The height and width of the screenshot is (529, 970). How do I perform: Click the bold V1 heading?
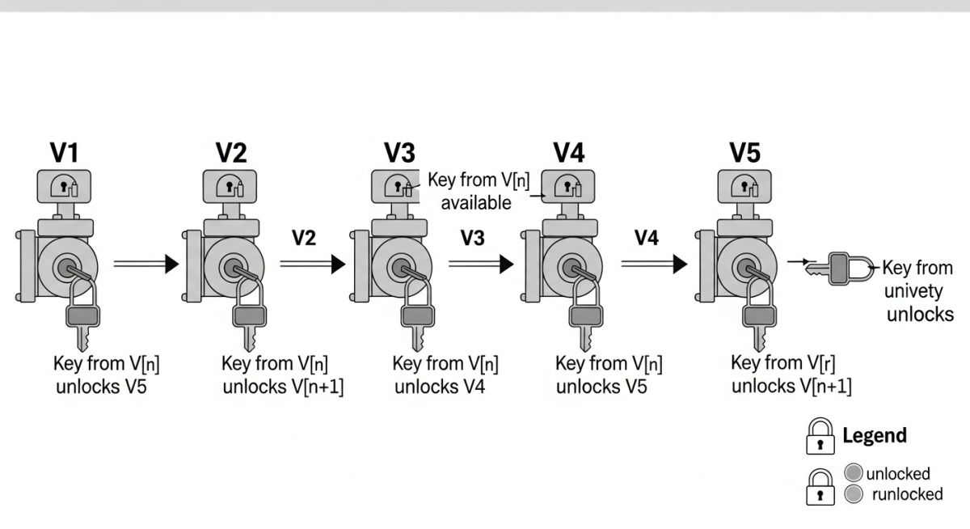[65, 152]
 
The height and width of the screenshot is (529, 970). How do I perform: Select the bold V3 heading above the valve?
[400, 152]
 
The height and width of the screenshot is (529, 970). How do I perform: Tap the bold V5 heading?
[744, 152]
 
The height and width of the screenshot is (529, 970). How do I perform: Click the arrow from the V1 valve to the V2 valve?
[145, 263]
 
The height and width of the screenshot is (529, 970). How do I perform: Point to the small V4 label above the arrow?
[647, 237]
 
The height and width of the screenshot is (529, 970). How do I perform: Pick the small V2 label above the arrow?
[305, 237]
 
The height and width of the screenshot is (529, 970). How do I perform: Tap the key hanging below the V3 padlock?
[418, 334]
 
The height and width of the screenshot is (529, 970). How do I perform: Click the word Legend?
[874, 436]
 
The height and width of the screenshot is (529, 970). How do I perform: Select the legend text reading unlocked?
[897, 474]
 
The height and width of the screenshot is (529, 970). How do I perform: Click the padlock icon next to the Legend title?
[820, 437]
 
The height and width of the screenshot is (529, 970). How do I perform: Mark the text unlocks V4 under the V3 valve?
[439, 387]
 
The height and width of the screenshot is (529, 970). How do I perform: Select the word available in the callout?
[476, 202]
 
